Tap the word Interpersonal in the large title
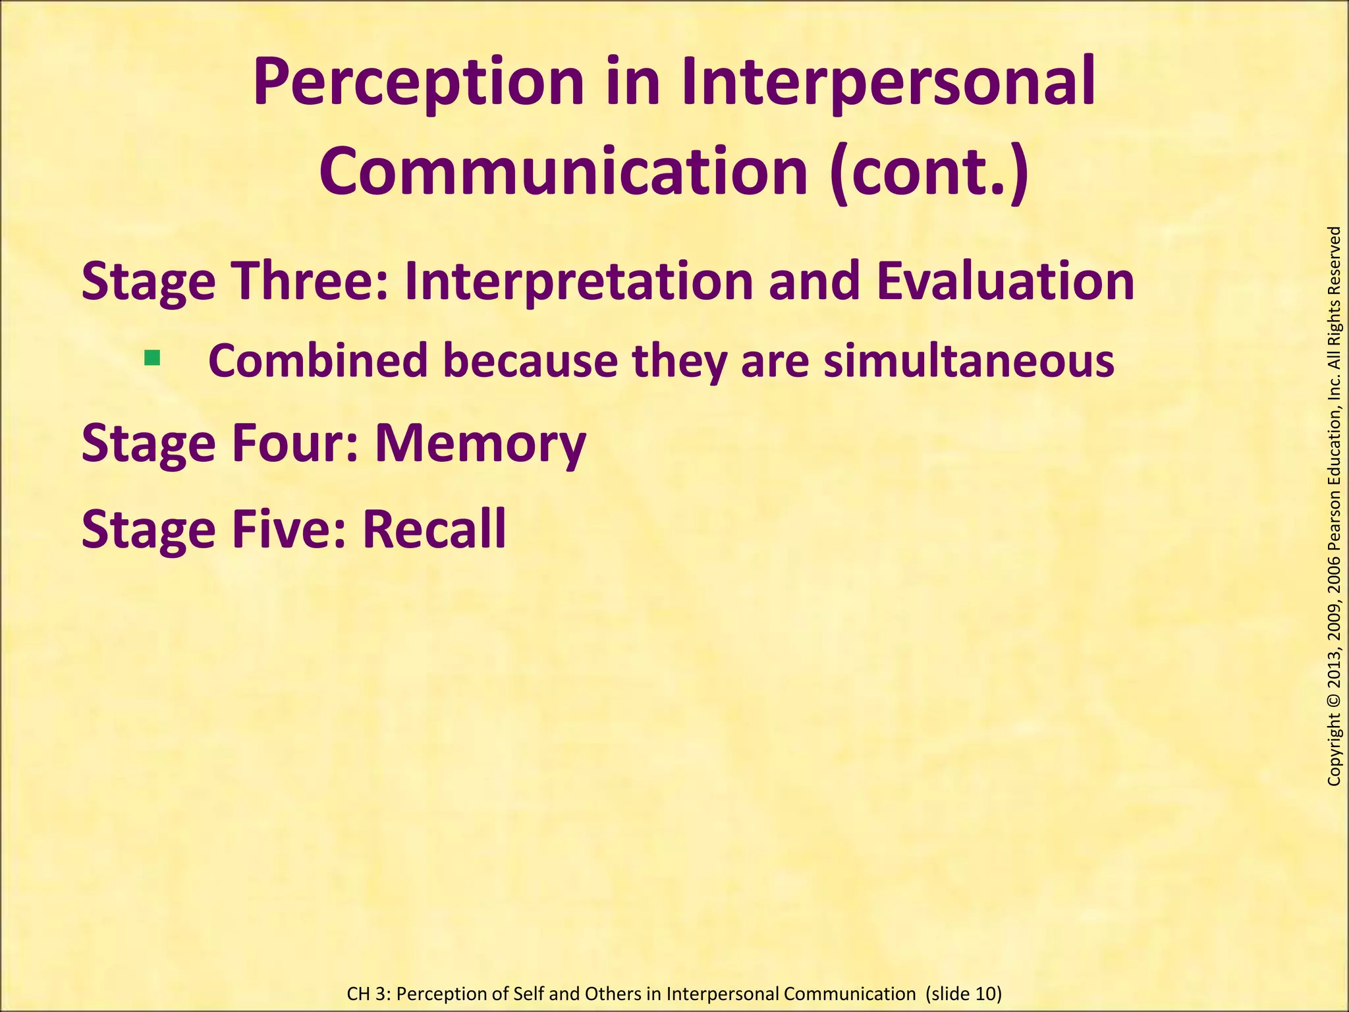pyautogui.click(x=889, y=83)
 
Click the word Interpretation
pyautogui.click(x=578, y=281)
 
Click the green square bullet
pyautogui.click(x=152, y=358)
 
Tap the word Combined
pyautogui.click(x=318, y=361)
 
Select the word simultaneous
pyautogui.click(x=969, y=361)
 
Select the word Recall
pyautogui.click(x=434, y=528)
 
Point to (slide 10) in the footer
pyautogui.click(x=963, y=994)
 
